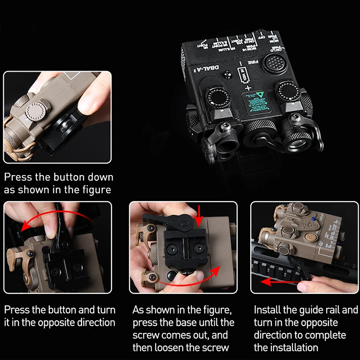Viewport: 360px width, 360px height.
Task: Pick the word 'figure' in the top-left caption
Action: (x=92, y=189)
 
